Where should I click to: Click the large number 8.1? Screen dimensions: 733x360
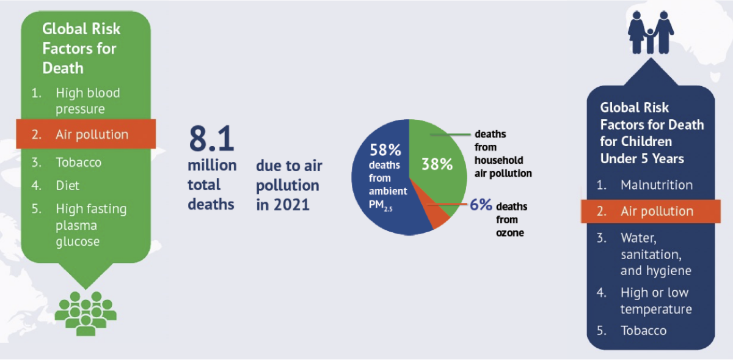click(x=212, y=138)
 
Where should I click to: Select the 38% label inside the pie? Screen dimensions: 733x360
click(x=437, y=164)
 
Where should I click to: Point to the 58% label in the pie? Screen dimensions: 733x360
click(x=385, y=150)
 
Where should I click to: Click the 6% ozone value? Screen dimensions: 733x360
click(x=481, y=205)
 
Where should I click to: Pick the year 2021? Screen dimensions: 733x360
click(x=291, y=205)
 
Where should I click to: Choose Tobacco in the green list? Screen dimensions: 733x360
click(x=79, y=163)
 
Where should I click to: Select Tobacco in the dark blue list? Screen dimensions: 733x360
click(x=643, y=331)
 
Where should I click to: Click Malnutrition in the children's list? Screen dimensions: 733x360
click(x=657, y=185)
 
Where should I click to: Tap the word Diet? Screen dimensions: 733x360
click(x=67, y=186)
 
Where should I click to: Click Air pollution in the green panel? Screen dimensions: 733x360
click(x=92, y=134)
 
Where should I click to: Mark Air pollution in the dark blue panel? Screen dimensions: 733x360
click(x=657, y=211)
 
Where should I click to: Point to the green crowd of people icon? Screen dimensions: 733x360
click(x=86, y=314)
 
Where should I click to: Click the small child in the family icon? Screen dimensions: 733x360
click(x=651, y=41)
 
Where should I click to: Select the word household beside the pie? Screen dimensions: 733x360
click(x=498, y=160)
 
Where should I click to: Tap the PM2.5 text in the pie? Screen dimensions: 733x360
click(x=380, y=205)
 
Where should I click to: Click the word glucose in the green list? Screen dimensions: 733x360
click(x=78, y=242)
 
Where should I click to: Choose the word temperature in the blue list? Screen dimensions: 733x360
click(x=656, y=309)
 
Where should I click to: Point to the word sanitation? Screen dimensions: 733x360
click(x=651, y=254)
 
